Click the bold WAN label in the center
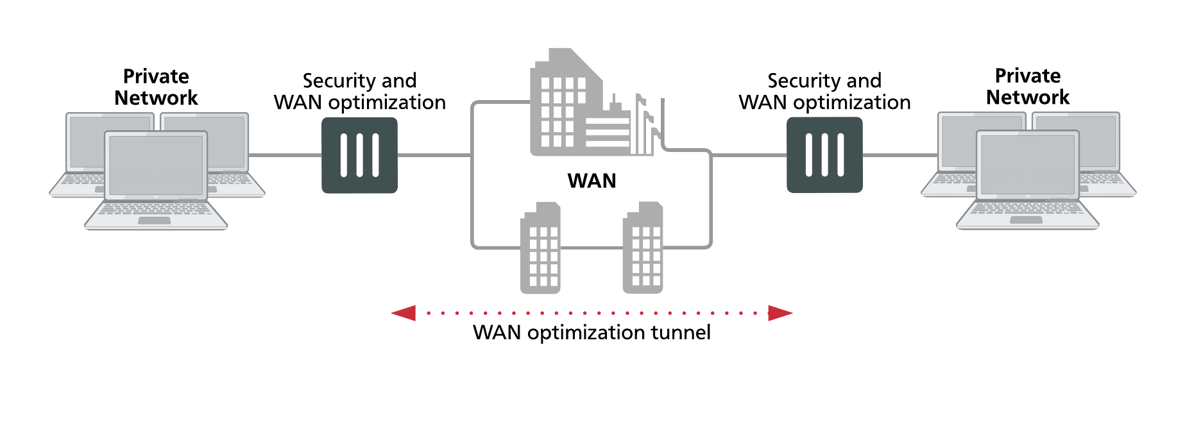click(x=592, y=181)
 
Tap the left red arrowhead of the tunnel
click(x=404, y=313)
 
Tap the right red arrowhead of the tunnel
click(x=780, y=313)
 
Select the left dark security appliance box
click(x=359, y=155)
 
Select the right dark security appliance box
click(x=824, y=155)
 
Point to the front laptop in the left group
click(x=156, y=180)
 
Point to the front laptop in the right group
click(x=1027, y=180)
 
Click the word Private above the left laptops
click(x=156, y=76)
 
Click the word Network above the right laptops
click(x=1027, y=97)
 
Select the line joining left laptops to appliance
click(x=285, y=155)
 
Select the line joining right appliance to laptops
click(x=899, y=155)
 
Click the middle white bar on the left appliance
click(x=359, y=155)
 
